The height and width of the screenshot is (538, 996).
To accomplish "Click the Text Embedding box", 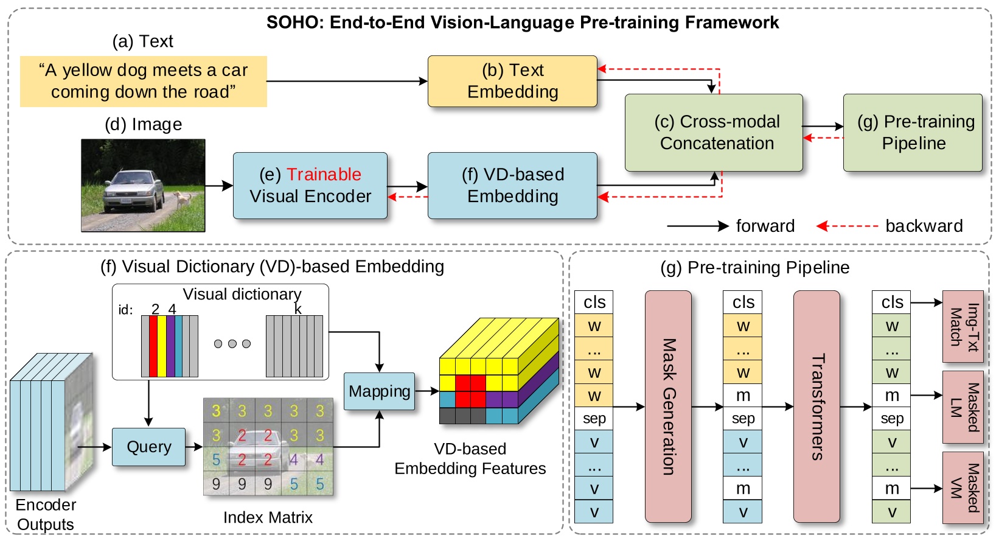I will [512, 81].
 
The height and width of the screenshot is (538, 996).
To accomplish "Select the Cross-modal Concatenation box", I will [713, 132].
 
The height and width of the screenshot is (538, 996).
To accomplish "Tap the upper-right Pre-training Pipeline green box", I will [912, 132].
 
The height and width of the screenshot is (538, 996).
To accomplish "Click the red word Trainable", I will [324, 175].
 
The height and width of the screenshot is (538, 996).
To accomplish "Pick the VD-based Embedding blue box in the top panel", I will [512, 186].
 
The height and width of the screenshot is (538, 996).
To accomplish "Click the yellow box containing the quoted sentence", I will [143, 81].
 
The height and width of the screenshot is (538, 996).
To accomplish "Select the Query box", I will [148, 447].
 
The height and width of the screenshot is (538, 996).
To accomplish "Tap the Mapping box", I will [379, 391].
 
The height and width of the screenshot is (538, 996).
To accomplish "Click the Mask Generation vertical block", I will [668, 407].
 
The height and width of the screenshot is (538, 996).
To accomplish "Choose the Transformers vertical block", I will [817, 407].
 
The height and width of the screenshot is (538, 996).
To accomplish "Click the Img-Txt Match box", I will [963, 327].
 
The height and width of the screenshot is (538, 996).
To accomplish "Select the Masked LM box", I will [963, 407].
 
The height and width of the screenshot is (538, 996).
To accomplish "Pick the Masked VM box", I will [963, 487].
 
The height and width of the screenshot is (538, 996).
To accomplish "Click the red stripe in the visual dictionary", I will [153, 346].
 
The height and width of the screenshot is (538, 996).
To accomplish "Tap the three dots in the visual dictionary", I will [232, 344].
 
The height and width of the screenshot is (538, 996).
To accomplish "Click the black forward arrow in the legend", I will [697, 226].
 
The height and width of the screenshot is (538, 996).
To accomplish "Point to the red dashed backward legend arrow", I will [847, 226].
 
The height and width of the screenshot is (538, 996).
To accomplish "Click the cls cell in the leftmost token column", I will [593, 302].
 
